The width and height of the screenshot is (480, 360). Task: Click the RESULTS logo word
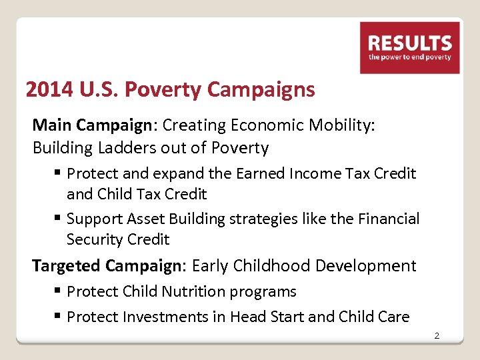(x=410, y=44)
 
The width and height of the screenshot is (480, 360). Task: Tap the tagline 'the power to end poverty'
(x=410, y=57)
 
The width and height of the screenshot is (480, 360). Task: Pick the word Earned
(x=259, y=173)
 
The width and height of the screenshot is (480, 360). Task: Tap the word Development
(x=366, y=266)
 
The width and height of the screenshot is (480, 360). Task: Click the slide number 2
(x=437, y=335)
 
